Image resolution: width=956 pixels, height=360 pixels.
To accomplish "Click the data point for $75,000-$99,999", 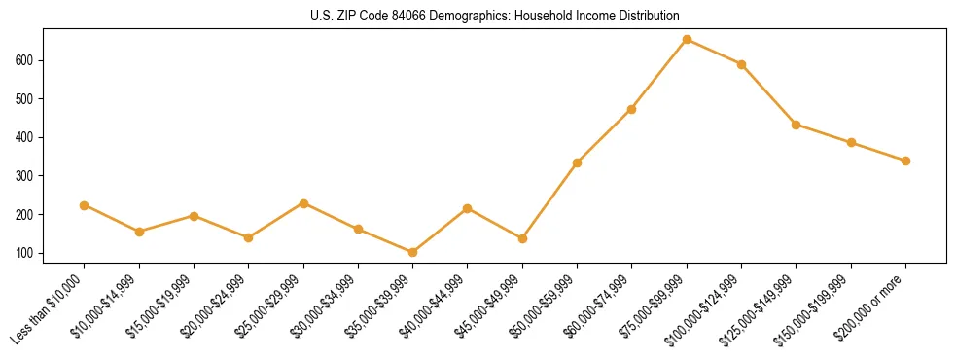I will coord(687,40).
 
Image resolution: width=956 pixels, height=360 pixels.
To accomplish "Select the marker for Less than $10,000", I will coord(84,205).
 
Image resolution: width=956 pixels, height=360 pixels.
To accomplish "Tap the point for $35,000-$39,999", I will coord(412,252).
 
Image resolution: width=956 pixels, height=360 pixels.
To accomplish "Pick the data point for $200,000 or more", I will coord(905,161).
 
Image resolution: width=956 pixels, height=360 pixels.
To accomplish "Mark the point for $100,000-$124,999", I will coord(741,64).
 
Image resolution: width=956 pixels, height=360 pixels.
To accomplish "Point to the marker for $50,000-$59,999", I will coord(577,162).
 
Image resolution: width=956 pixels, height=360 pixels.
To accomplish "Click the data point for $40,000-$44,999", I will coord(468,208).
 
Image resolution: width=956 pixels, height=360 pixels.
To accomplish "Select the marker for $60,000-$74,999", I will coord(631,109).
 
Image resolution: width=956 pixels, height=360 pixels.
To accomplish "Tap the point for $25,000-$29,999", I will coord(303,203).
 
